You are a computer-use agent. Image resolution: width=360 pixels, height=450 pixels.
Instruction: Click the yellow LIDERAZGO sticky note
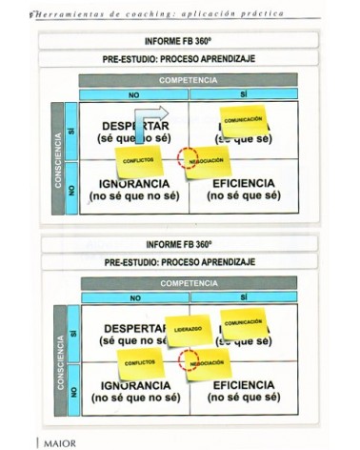(x=187, y=328)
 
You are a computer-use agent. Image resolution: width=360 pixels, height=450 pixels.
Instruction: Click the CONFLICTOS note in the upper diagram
(x=139, y=159)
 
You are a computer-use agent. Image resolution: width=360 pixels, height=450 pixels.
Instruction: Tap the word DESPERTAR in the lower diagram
(x=131, y=329)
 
